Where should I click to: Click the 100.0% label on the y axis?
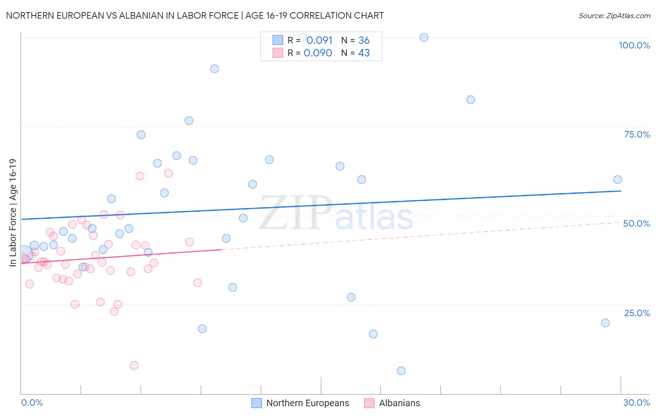[x=634, y=45]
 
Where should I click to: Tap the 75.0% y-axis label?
[x=637, y=134]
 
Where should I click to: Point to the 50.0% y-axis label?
[x=636, y=223]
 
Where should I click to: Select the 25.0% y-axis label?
[x=637, y=313]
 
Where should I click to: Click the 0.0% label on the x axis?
[x=32, y=402]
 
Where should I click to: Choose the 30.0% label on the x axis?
[x=636, y=402]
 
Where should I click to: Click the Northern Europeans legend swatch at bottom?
[x=257, y=403]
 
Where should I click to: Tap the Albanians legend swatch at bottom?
[x=369, y=403]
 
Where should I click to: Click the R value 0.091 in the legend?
[x=319, y=41]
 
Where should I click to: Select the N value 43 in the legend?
[x=364, y=53]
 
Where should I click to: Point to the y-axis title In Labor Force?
[x=13, y=213]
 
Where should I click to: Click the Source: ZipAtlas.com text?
[x=614, y=16]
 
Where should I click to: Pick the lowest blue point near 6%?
[x=401, y=371]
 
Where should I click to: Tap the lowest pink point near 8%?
[x=134, y=366]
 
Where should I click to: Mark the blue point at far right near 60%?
[x=617, y=180]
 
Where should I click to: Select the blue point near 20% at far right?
[x=605, y=323]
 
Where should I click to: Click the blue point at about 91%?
[x=215, y=69]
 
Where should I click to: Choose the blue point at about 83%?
[x=470, y=100]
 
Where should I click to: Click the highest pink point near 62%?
[x=168, y=173]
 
